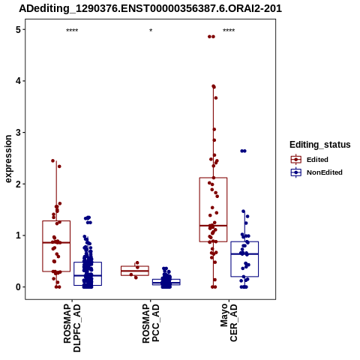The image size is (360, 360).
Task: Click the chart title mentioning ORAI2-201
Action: click(150, 8)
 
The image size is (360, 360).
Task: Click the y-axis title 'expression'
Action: click(8, 159)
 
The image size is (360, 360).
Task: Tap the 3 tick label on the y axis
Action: click(18, 133)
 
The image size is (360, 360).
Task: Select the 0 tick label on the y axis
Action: click(18, 287)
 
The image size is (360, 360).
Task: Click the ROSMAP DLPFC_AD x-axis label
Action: click(72, 328)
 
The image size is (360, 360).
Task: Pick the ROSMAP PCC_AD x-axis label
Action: click(151, 323)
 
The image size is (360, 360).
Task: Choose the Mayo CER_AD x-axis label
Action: click(229, 322)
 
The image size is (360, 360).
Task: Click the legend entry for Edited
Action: click(309, 160)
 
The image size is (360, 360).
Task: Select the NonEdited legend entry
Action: click(316, 172)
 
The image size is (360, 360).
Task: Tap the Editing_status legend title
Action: click(320, 145)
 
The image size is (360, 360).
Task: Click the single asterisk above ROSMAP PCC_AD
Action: click(151, 31)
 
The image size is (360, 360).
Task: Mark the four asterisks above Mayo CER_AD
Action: click(229, 31)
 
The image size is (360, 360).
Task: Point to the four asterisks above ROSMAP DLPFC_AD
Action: click(72, 31)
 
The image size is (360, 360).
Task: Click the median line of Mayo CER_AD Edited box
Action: click(213, 226)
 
